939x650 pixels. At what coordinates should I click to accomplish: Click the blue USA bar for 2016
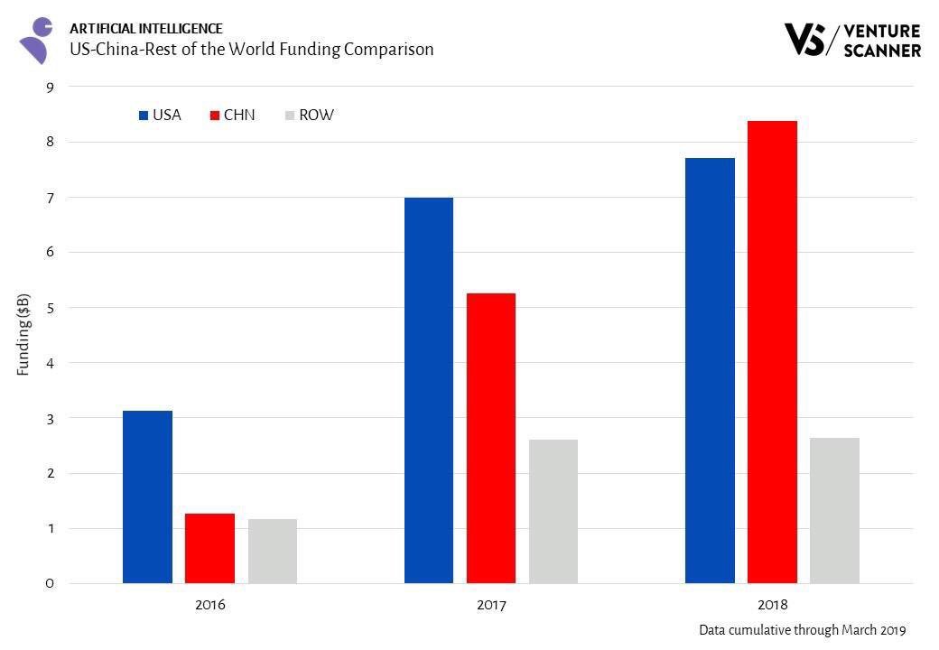(147, 497)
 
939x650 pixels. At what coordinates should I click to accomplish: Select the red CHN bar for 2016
(209, 548)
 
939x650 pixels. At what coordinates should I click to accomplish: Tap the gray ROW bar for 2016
(273, 551)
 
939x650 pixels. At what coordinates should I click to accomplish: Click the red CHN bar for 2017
(491, 438)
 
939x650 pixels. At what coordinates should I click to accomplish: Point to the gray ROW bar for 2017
(553, 511)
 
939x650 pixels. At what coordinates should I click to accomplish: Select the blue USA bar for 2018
(710, 370)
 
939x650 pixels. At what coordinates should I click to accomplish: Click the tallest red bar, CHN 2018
(772, 352)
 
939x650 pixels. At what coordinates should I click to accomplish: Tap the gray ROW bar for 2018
(834, 510)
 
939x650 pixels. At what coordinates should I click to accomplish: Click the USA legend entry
(160, 116)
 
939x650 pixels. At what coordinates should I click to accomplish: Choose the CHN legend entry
(232, 116)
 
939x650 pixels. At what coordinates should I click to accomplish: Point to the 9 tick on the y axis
(50, 87)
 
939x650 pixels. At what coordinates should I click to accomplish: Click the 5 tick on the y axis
(50, 308)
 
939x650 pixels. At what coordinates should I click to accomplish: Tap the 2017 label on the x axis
(491, 605)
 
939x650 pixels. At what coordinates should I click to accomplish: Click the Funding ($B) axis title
(24, 334)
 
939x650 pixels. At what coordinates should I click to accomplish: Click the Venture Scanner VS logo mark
(806, 40)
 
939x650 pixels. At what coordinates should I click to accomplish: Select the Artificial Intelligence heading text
(145, 29)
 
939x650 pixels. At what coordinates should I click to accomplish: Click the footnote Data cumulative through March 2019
(802, 630)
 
